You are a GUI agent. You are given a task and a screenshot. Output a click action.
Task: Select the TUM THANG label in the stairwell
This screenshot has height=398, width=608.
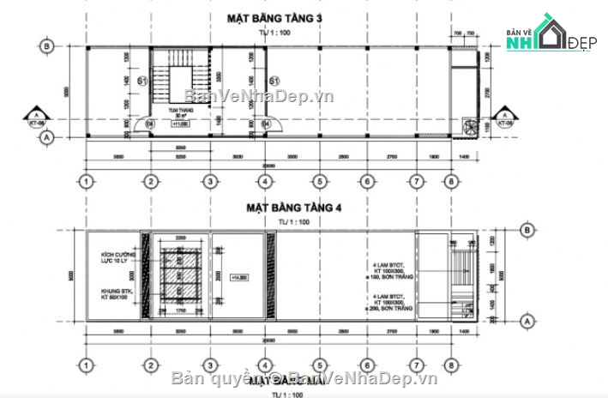click(x=179, y=111)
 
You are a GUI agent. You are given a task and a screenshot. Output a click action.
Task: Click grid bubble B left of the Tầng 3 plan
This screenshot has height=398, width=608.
click(x=48, y=46)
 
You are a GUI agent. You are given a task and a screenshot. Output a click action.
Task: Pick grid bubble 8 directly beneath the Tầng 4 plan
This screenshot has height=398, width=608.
click(x=452, y=363)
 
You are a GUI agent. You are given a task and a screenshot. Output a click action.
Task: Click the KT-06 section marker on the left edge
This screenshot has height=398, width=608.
click(x=36, y=118)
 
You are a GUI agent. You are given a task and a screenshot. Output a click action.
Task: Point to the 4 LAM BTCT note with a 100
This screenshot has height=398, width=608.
click(x=393, y=272)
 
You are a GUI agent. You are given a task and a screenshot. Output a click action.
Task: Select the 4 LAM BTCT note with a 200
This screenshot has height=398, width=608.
click(x=393, y=301)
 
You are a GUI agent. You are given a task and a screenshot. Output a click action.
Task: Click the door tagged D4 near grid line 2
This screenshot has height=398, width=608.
click(x=150, y=124)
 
